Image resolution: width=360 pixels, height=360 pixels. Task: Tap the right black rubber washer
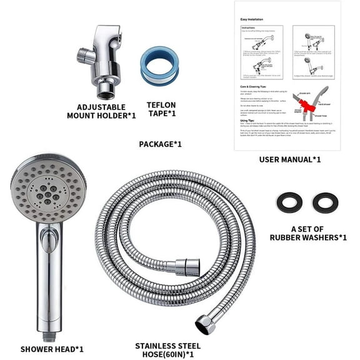pos(326,202)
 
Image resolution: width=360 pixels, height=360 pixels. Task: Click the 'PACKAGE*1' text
pos(160,144)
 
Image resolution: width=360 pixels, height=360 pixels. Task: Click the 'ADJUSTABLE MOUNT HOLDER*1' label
pos(102,111)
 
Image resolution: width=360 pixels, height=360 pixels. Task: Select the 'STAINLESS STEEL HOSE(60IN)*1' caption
pos(168,349)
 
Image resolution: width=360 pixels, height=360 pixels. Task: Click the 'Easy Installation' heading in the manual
pos(251,19)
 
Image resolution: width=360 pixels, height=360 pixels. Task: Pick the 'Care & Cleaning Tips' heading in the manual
pos(257,87)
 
